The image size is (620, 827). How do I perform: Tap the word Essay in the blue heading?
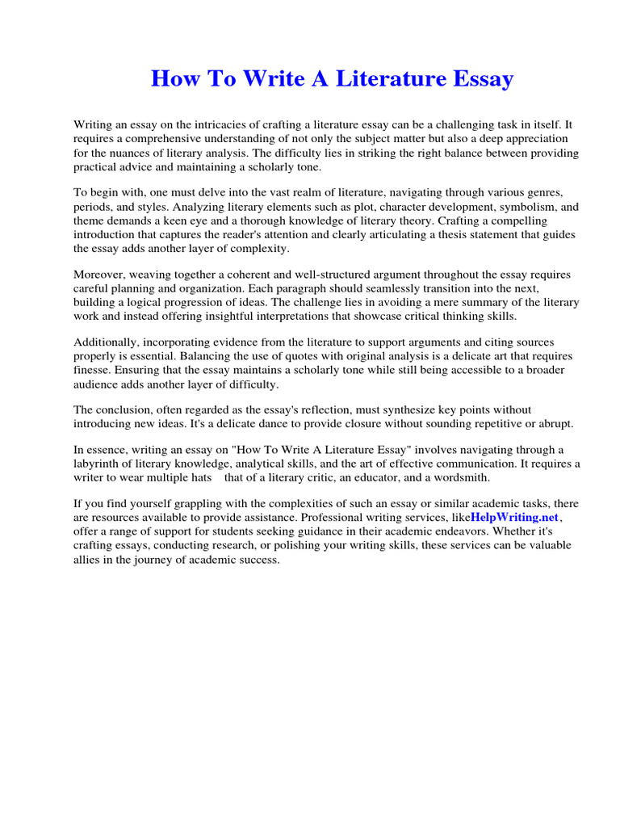[483, 79]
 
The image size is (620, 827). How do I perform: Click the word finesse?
[94, 370]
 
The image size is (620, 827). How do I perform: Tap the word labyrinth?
[98, 464]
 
